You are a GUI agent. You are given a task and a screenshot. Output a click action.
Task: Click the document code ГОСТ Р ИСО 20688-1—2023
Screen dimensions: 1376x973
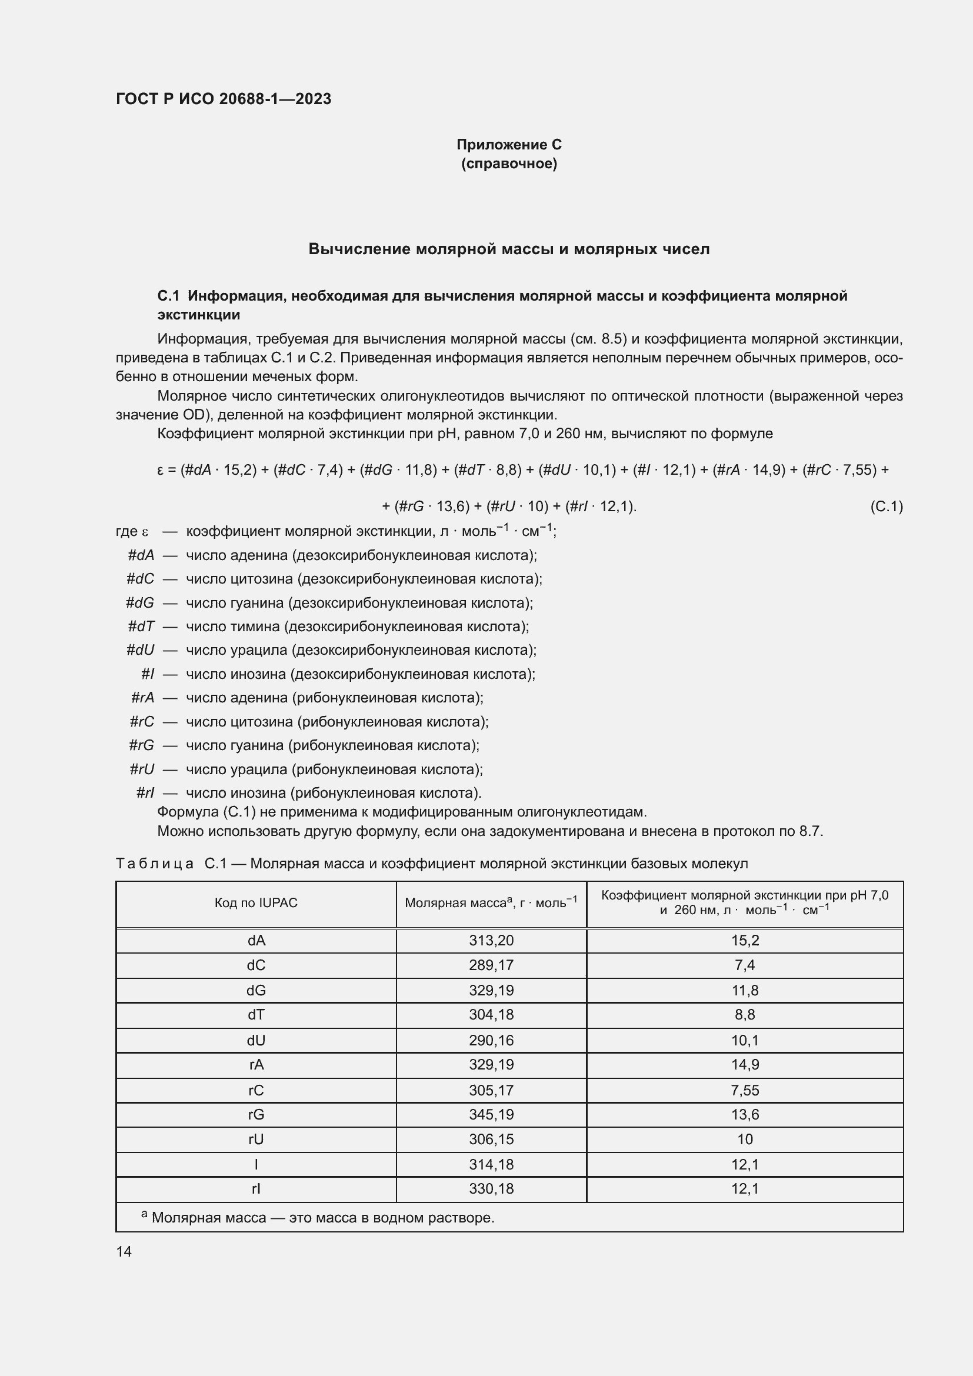224,99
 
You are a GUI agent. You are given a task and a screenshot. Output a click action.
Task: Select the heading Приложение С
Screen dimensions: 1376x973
509,145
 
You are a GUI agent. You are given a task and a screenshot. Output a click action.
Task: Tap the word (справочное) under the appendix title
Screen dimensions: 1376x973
509,164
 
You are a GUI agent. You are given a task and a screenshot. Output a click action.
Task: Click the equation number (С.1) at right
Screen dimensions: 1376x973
885,507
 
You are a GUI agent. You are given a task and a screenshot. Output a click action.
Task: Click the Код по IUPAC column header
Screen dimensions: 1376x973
256,902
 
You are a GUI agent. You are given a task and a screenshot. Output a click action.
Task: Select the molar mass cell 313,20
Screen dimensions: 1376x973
491,940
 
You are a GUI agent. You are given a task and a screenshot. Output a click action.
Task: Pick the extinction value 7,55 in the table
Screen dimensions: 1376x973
744,1090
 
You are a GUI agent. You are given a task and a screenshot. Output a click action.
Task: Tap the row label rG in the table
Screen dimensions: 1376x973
256,1115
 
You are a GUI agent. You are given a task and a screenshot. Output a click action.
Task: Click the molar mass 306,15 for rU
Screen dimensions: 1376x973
491,1140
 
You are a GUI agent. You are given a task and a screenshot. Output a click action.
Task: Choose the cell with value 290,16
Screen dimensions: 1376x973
491,1041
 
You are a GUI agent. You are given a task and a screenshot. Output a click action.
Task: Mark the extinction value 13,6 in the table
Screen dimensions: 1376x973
744,1115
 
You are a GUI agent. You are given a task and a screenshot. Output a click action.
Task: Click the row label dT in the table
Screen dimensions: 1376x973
256,1015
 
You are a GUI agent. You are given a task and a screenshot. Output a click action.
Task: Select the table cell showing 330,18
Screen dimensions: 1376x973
491,1189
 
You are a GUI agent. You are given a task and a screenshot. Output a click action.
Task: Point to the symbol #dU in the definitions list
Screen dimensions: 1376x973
140,650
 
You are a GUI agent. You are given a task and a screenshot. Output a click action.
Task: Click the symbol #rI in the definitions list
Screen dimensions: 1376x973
145,793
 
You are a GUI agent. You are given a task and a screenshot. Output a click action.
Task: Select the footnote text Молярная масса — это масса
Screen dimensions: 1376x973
322,1218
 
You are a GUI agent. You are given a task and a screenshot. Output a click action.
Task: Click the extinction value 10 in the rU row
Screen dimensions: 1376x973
744,1140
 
